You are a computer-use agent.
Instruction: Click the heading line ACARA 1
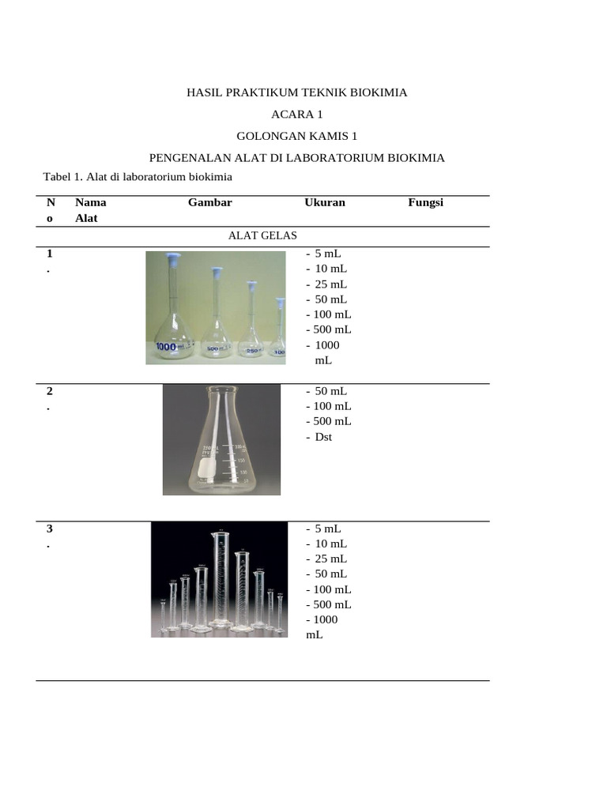(x=296, y=115)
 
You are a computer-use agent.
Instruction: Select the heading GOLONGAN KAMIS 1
(x=296, y=136)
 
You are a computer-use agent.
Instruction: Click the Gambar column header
(x=209, y=202)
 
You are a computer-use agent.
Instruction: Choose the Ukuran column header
(x=325, y=202)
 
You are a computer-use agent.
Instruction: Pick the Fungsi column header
(x=425, y=202)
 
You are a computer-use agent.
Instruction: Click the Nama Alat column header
(x=90, y=210)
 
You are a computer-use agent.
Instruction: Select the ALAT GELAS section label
(x=262, y=235)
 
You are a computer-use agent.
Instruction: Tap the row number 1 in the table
(x=50, y=254)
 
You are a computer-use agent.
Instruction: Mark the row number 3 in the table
(x=50, y=529)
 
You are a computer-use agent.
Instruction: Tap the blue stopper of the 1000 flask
(x=174, y=258)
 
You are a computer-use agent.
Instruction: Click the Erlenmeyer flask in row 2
(x=221, y=442)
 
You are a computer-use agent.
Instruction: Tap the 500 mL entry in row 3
(x=329, y=604)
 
